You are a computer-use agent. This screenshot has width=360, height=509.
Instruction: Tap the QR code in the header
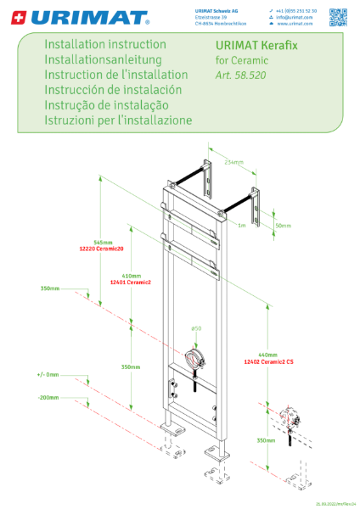pos(339,16)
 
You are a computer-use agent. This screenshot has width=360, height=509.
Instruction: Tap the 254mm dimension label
pos(234,161)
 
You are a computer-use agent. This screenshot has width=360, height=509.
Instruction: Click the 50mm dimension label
pos(283,226)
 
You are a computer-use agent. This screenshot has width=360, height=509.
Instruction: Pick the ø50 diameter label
pos(196,328)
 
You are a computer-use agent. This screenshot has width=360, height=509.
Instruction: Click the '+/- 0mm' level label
pos(48,374)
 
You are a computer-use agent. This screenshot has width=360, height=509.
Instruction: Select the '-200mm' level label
pos(48,397)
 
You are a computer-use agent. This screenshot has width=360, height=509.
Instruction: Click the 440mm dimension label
pos(268,355)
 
